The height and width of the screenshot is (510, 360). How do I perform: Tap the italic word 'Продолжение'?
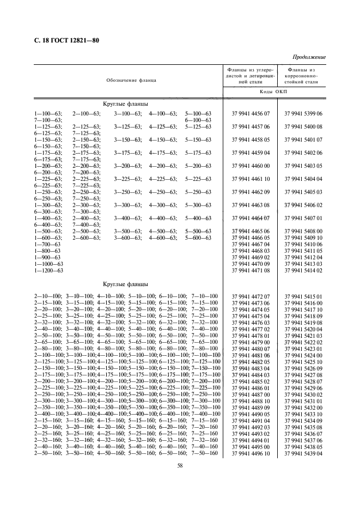[x=309, y=57]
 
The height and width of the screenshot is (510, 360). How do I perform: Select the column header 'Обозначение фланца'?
[x=131, y=80]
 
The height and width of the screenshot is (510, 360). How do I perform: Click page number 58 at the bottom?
[x=179, y=465]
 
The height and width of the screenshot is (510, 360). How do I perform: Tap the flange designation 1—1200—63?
[x=49, y=270]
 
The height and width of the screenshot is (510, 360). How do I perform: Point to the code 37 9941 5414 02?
[x=303, y=270]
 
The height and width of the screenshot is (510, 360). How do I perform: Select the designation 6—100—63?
[x=198, y=119]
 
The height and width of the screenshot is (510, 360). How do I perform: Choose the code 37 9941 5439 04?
[x=303, y=453]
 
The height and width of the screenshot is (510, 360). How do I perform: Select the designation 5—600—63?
[x=198, y=238]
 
